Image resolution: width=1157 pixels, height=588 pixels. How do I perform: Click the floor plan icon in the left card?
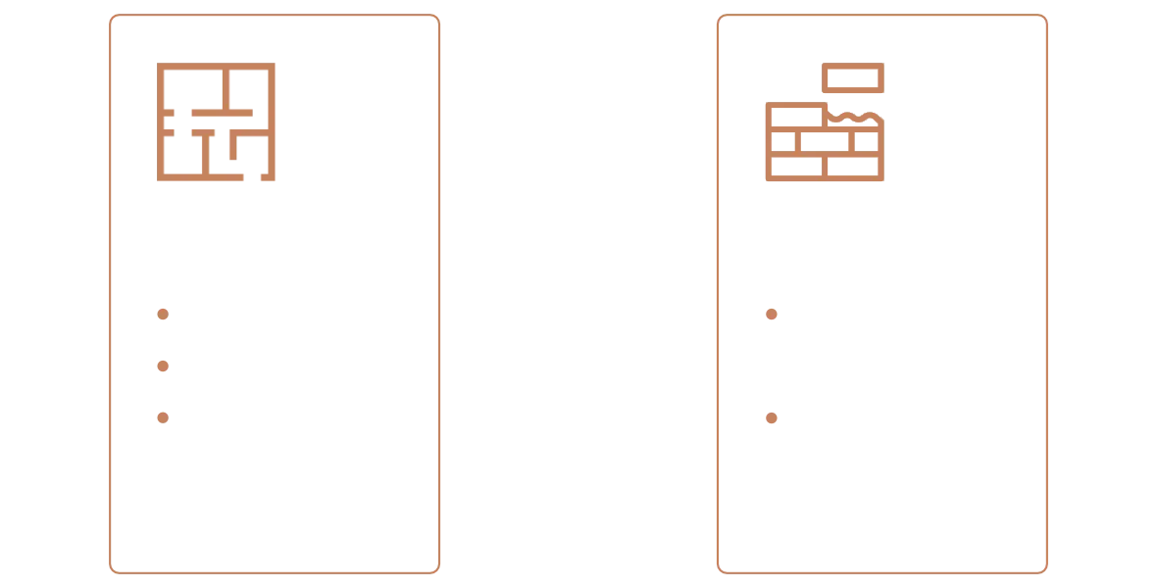click(x=219, y=124)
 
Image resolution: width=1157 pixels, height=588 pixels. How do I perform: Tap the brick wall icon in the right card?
click(x=824, y=145)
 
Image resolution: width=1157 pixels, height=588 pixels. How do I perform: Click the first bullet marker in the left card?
click(x=163, y=315)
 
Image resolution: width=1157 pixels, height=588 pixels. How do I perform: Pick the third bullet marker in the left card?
click(x=163, y=416)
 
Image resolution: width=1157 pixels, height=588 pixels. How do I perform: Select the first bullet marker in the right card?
click(x=771, y=315)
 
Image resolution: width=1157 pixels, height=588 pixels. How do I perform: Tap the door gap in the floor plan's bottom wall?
click(x=254, y=181)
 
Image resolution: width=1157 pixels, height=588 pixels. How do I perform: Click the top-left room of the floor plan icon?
click(x=192, y=86)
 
